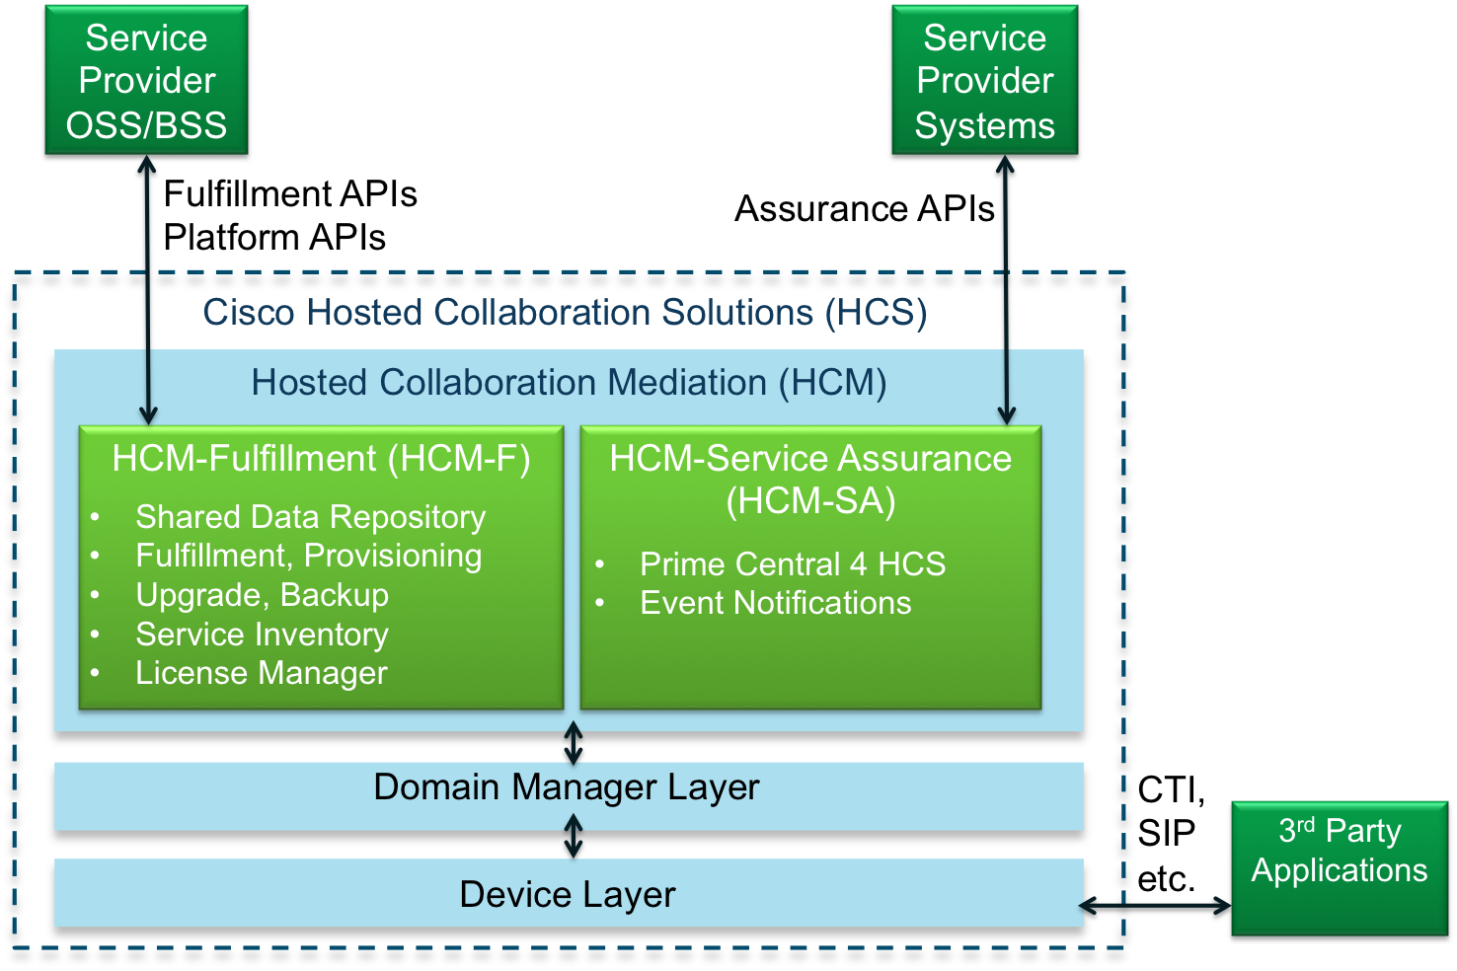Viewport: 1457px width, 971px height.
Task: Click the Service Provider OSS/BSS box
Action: (x=146, y=82)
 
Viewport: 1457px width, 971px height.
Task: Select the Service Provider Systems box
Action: (x=985, y=82)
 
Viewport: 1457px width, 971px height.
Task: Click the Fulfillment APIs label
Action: (x=290, y=193)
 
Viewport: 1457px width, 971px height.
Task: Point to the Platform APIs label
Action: (x=274, y=238)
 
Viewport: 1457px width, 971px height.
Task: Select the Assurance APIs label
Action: (x=865, y=209)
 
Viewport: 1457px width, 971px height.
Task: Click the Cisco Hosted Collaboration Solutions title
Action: (x=565, y=313)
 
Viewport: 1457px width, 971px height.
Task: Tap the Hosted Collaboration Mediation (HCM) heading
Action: (x=569, y=383)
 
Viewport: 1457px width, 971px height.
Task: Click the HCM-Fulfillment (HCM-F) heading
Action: (x=321, y=459)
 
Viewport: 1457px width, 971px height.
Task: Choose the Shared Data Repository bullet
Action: (x=310, y=517)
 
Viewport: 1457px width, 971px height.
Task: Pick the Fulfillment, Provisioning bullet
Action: (x=308, y=556)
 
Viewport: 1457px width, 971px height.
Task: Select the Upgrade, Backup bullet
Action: (x=262, y=595)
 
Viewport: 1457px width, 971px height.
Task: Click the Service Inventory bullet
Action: (x=262, y=635)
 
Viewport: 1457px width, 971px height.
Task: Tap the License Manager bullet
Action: (x=261, y=673)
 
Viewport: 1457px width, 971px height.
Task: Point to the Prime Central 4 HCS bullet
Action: (x=792, y=564)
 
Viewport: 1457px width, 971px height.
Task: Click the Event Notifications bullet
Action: (x=775, y=603)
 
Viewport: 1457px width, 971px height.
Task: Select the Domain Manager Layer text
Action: (x=567, y=787)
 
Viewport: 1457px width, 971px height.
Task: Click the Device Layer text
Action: (x=567, y=895)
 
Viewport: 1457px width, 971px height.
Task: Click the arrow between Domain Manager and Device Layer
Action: (x=573, y=836)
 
